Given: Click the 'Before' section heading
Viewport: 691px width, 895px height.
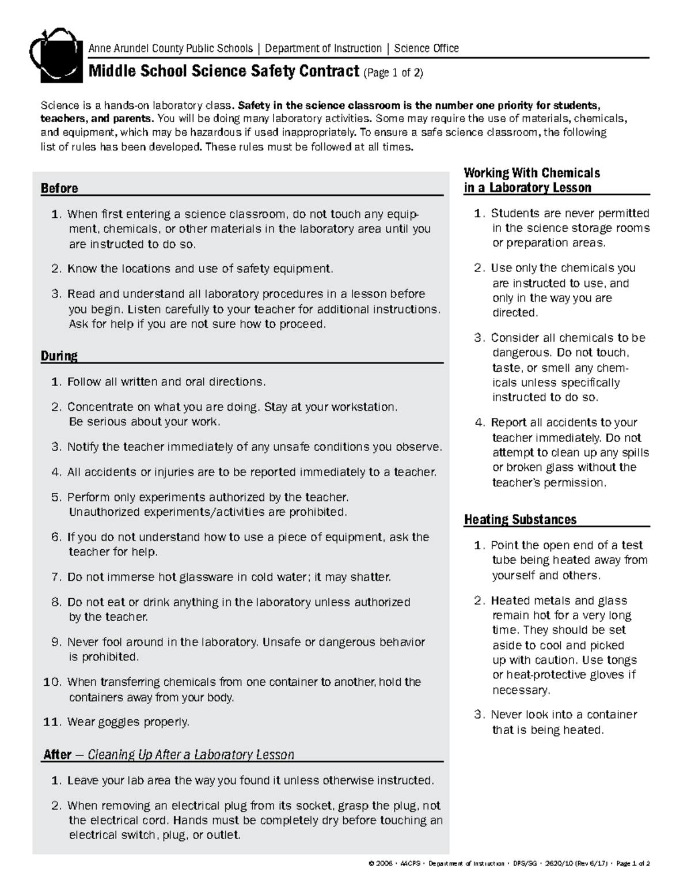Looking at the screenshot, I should [x=59, y=188].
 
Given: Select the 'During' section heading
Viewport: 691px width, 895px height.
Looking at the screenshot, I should [x=59, y=356].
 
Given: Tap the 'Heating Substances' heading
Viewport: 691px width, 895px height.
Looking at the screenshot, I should [x=520, y=520].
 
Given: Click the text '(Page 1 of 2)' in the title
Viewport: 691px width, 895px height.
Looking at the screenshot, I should [x=393, y=73].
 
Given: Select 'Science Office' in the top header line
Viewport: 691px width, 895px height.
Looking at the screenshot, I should [x=426, y=48].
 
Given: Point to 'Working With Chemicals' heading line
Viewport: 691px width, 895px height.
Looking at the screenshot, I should [x=532, y=173].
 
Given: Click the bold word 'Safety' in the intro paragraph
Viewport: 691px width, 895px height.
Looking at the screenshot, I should [x=254, y=105].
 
